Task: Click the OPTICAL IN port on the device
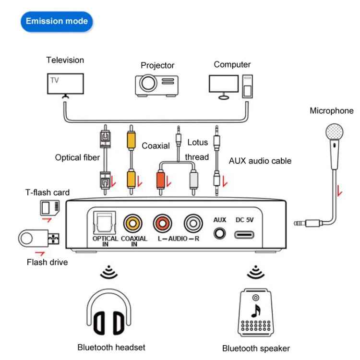click(102, 222)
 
